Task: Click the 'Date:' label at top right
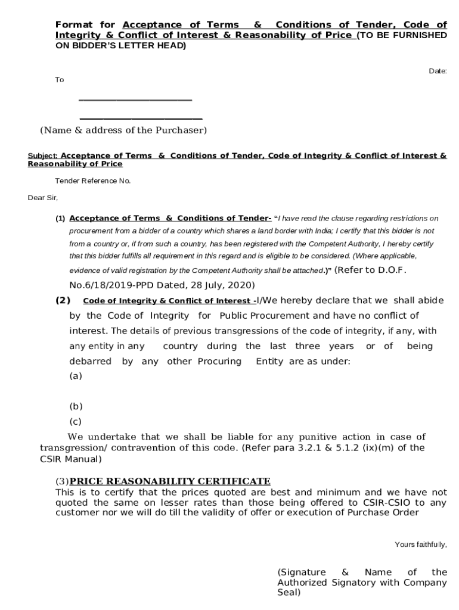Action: coord(438,71)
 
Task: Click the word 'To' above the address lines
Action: coord(60,80)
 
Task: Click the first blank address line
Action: coord(135,100)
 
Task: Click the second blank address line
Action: coord(141,119)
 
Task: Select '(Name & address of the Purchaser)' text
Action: coord(123,130)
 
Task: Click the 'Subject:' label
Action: coord(42,156)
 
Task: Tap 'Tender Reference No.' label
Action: coord(93,180)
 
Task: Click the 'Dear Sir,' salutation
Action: coord(43,198)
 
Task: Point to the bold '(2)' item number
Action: coord(63,300)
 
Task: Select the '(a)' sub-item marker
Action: coord(76,376)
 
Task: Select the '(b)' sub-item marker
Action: coord(76,407)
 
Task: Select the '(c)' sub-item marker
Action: coord(75,422)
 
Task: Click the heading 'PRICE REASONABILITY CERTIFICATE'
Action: coord(170,481)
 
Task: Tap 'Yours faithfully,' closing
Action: coord(421,544)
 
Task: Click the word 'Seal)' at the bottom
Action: coord(289,593)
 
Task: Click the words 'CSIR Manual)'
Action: coord(70,459)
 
